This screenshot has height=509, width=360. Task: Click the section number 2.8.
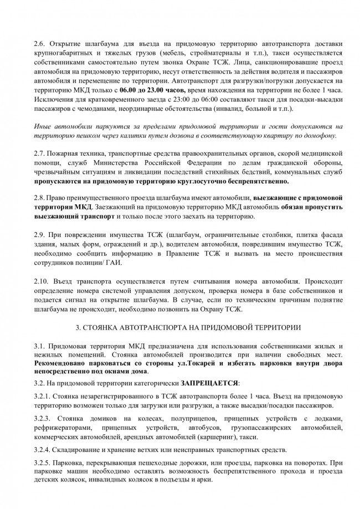pyautogui.click(x=40, y=198)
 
